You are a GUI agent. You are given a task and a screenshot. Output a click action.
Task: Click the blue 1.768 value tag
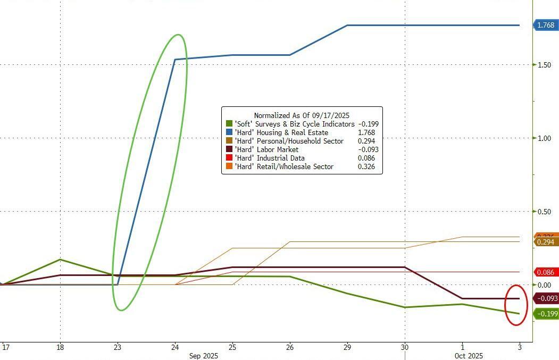546,25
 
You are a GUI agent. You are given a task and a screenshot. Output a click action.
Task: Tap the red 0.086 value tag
546,272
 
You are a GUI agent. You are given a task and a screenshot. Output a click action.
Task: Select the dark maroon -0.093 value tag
546,298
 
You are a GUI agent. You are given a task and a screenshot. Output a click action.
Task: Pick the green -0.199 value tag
546,314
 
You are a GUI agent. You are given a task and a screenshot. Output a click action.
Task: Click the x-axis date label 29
347,347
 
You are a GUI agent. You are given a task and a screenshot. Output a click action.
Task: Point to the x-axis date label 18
60,347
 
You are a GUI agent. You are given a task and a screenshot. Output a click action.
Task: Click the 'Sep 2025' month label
204,356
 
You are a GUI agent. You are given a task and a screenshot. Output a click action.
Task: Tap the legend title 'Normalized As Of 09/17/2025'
301,115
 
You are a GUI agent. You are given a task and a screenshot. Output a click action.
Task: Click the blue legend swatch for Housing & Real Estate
229,132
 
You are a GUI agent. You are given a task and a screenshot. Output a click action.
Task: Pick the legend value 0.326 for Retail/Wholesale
366,166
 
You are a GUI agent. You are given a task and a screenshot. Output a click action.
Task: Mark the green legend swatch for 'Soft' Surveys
229,124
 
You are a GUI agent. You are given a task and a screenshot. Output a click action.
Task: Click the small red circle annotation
516,305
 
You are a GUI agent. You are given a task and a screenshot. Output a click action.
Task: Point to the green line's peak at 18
60,259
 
